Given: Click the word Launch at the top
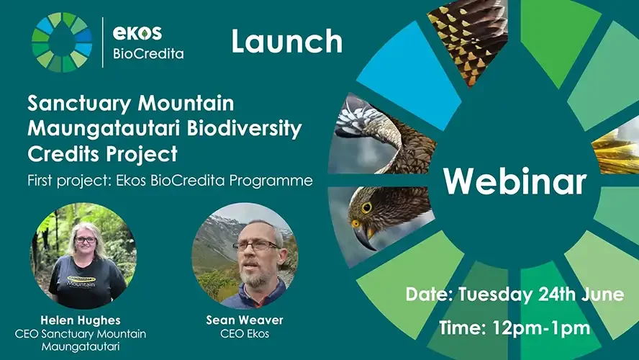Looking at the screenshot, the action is coord(287,41).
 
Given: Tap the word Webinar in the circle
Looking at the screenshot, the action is coord(515,180).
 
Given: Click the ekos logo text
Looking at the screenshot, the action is coord(137,32).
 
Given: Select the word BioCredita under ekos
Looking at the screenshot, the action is coord(148,54).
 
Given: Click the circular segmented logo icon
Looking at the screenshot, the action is coord(62,42).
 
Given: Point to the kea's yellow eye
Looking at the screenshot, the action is coord(366,207).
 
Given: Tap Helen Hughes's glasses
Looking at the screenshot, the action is coord(86,240).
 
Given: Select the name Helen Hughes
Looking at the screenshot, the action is coord(81,320).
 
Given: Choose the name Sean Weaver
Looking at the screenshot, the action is coord(245,320).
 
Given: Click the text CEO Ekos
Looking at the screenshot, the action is coord(245,333).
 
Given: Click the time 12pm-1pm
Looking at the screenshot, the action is coord(541,328).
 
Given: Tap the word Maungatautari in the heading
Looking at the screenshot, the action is coord(104,128).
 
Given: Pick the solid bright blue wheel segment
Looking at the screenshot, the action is coord(409,75).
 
